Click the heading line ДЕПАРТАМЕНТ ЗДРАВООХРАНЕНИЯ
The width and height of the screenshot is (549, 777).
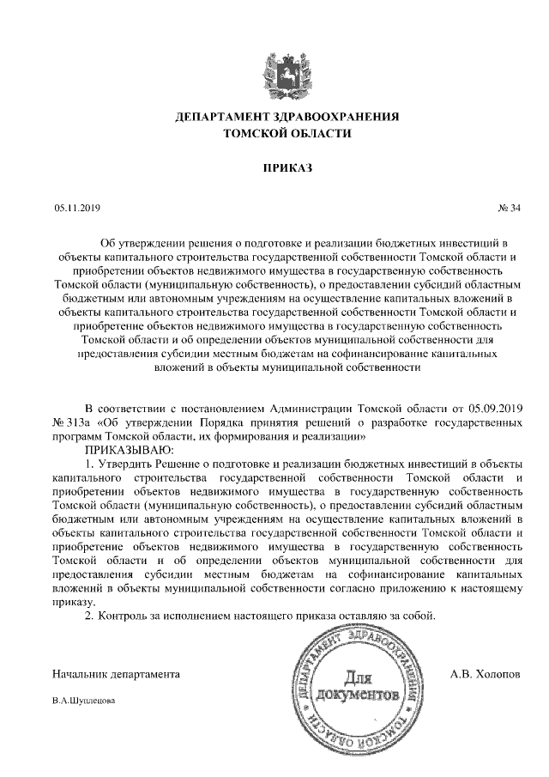[274, 117]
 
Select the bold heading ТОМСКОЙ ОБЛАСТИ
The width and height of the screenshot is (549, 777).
[274, 134]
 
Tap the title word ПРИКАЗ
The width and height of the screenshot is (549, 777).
[274, 168]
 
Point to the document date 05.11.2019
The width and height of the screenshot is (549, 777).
[76, 208]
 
